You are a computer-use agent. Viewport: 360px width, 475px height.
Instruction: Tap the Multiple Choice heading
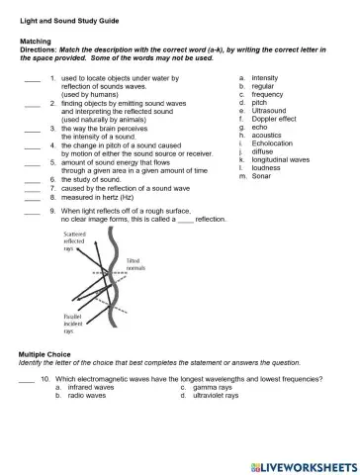click(45, 353)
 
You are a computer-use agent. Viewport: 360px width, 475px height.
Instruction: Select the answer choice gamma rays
click(213, 387)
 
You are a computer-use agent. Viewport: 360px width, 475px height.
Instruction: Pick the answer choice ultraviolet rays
click(217, 396)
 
